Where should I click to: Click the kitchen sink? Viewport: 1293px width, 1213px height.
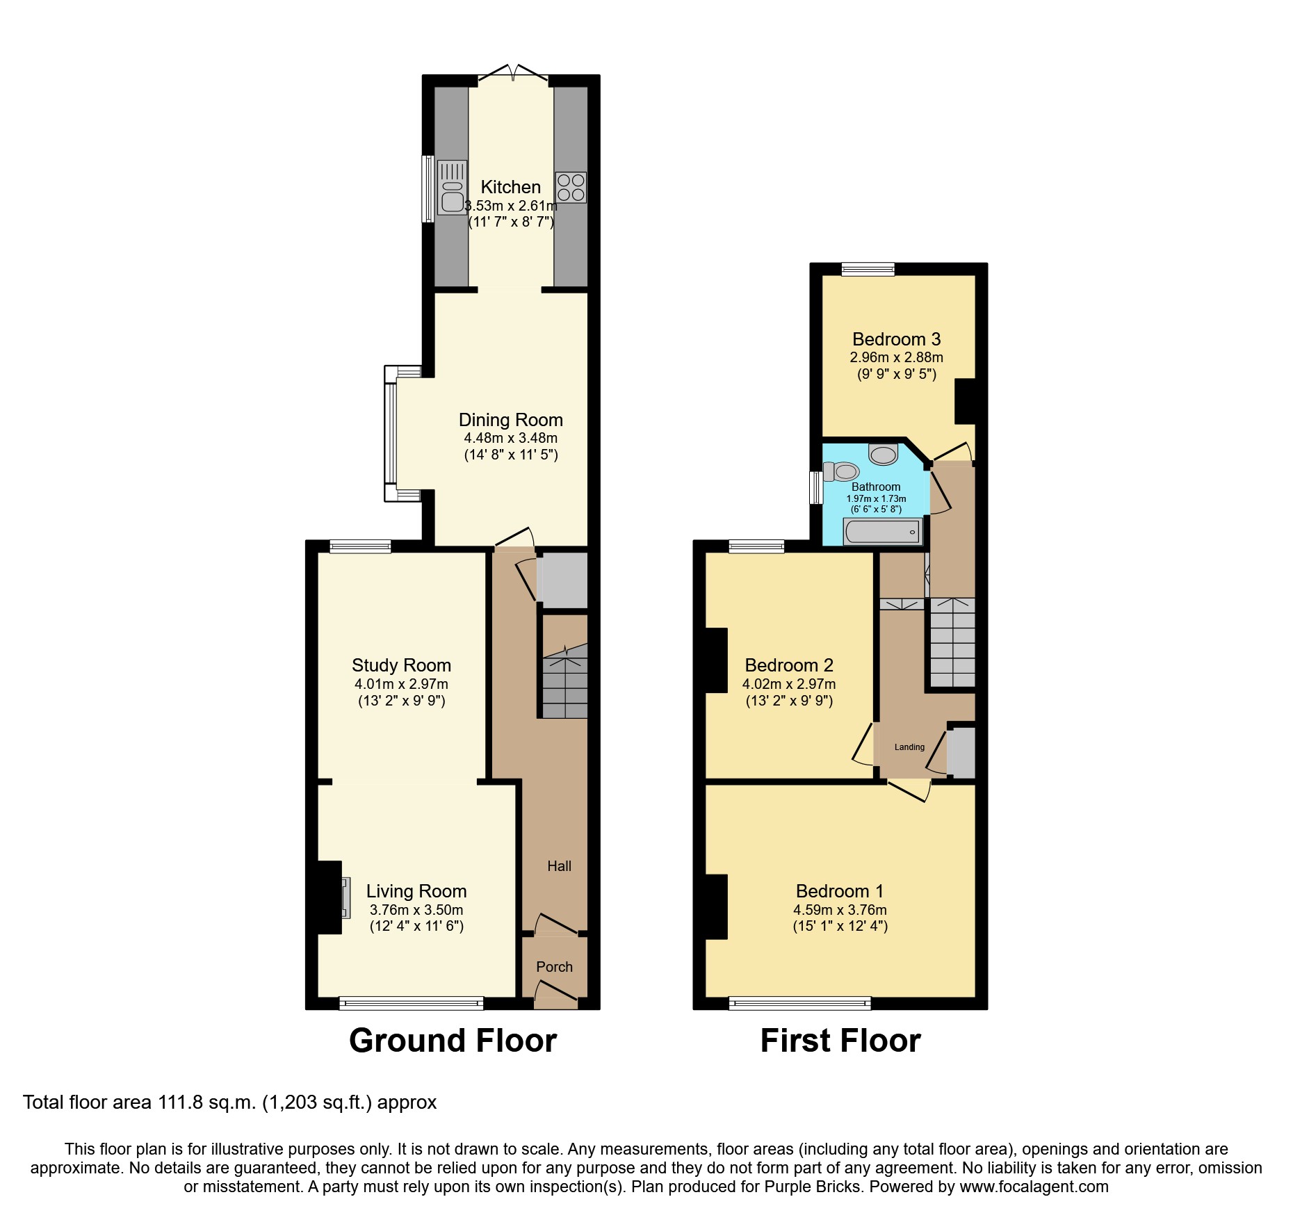[452, 187]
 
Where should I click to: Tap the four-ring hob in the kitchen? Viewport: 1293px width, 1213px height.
[571, 187]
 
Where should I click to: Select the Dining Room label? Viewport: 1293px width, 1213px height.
[510, 420]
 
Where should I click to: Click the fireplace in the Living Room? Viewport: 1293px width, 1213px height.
[345, 897]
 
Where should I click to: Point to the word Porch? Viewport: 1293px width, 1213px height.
[554, 967]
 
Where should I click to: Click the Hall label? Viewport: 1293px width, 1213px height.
[559, 866]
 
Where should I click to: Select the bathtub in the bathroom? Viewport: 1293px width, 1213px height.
[882, 532]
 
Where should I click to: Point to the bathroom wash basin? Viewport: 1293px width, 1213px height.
[884, 455]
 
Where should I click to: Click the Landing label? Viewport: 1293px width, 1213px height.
[909, 747]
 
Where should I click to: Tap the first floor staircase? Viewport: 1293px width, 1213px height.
[952, 643]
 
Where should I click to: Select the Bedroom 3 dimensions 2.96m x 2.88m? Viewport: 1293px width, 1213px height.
[896, 358]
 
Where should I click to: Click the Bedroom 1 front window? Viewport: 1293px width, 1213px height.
[799, 1003]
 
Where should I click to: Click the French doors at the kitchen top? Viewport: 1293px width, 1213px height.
[512, 75]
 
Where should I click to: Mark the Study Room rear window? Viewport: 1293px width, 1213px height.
[360, 546]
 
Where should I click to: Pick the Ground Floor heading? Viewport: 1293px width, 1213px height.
[453, 1041]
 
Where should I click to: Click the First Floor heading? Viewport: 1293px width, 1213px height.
[840, 1041]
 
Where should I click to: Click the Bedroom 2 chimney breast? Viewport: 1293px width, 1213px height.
[716, 660]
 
